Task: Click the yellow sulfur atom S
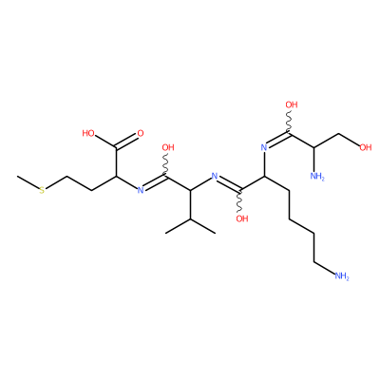pos(42,191)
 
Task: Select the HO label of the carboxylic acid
pos(88,133)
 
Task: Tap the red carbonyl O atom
pos(141,133)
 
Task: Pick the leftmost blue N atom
pos(141,190)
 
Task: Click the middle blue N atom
pos(215,176)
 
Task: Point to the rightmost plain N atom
pos(263,147)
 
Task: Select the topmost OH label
pos(292,104)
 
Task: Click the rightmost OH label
pos(366,147)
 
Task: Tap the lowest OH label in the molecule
pos(242,218)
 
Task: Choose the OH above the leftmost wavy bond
pos(168,147)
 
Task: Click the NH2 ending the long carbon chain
pos(342,276)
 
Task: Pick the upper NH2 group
pos(317,177)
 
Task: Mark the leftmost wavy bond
pos(166,165)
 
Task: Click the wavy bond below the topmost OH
pos(290,123)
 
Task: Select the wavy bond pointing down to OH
pos(240,201)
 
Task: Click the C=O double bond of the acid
pos(127,142)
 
